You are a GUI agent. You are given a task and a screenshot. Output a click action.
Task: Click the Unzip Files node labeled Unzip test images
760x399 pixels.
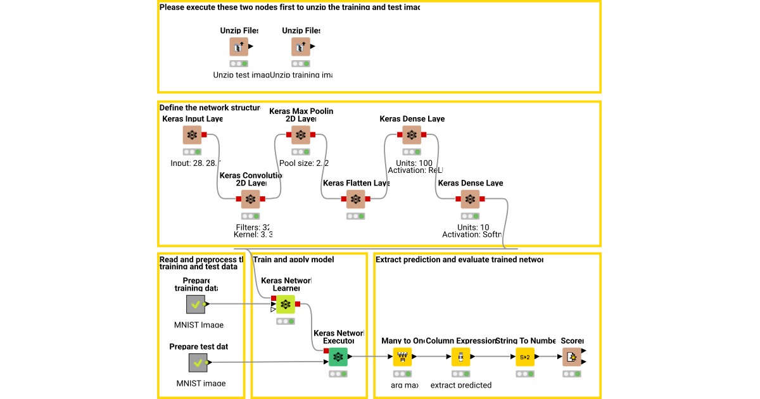pos(239,47)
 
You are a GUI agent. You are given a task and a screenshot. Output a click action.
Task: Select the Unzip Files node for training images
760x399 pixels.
pos(301,47)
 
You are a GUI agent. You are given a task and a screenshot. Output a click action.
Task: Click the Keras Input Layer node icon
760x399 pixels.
pos(192,135)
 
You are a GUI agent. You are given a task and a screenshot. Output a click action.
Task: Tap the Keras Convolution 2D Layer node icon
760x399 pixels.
pos(251,199)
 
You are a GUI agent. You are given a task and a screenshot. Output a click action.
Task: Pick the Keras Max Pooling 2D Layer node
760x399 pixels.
pos(301,135)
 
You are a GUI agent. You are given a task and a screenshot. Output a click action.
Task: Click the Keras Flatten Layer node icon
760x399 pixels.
pos(356,199)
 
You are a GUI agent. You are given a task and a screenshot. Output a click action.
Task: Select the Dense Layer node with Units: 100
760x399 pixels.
pos(412,135)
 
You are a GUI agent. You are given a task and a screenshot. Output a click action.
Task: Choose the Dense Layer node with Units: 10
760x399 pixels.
pos(470,199)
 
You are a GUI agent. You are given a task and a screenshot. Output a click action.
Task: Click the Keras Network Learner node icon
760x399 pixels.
pos(286,305)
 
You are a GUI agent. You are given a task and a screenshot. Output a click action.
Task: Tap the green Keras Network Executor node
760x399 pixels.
pos(338,357)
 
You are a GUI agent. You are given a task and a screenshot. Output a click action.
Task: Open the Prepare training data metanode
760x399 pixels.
pos(196,305)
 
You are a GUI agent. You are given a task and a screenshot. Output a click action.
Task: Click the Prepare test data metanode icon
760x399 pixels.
pos(198,363)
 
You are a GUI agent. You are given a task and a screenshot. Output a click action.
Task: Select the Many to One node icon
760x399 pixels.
pos(402,357)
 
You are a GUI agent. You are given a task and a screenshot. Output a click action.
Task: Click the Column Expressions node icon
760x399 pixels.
pos(460,357)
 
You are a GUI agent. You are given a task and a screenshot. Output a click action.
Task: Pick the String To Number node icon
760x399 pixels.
pos(525,357)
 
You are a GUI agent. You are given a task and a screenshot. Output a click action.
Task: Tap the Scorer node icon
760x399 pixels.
pos(571,357)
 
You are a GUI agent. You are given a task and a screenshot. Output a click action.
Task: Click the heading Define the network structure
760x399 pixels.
pos(209,108)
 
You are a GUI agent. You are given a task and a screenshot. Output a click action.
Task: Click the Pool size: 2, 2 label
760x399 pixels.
pos(304,163)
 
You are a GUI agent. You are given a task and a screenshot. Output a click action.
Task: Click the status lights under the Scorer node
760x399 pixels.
pos(571,374)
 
